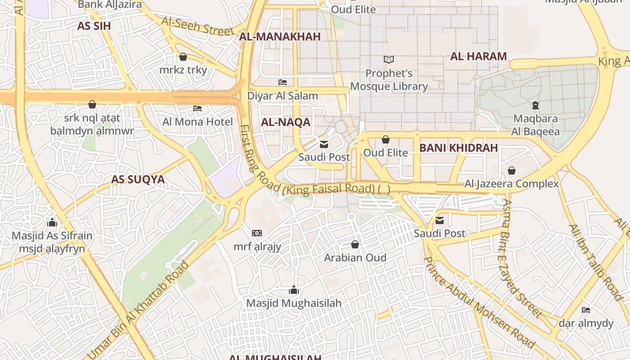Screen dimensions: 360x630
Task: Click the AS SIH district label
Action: point(94,26)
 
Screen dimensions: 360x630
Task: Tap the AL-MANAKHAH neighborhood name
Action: point(279,37)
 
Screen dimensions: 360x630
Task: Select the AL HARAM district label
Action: point(478,56)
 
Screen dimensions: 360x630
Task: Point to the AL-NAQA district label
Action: point(285,122)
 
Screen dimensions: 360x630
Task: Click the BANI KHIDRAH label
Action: point(458,148)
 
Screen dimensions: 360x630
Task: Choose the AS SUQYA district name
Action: point(138,180)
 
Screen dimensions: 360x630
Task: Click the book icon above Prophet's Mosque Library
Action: point(388,59)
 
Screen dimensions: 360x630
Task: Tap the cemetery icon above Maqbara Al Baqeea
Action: point(535,105)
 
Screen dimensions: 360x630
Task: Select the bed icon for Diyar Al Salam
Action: point(283,82)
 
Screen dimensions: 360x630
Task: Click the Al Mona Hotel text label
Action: point(198,122)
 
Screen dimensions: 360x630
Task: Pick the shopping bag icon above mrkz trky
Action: point(183,57)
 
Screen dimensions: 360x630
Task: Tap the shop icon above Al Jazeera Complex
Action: point(511,171)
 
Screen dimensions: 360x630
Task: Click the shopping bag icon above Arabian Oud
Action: point(355,244)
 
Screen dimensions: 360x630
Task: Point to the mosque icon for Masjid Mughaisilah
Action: point(294,290)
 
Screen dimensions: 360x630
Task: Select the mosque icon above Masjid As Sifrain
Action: point(52,222)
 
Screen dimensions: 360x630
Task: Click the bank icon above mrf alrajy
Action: point(257,233)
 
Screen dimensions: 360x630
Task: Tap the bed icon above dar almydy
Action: point(585,310)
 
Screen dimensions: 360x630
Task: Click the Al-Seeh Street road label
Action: point(197,27)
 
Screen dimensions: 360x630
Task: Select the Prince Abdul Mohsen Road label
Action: point(480,302)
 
